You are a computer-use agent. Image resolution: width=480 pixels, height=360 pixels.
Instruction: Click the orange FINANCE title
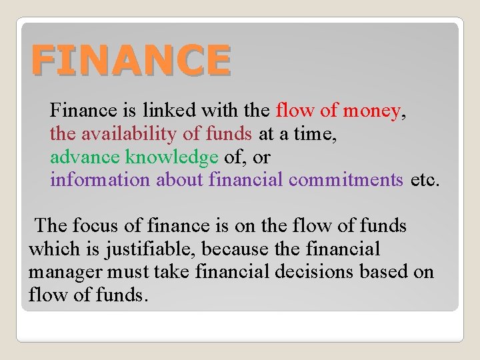point(131,59)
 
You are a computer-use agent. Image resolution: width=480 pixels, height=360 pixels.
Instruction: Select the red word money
point(371,110)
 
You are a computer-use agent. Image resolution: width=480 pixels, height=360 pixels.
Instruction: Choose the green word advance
point(85,157)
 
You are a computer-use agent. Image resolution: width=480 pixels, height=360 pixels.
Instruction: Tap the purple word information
point(100,179)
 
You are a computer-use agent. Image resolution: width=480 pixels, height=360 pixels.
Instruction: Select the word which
point(53,249)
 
